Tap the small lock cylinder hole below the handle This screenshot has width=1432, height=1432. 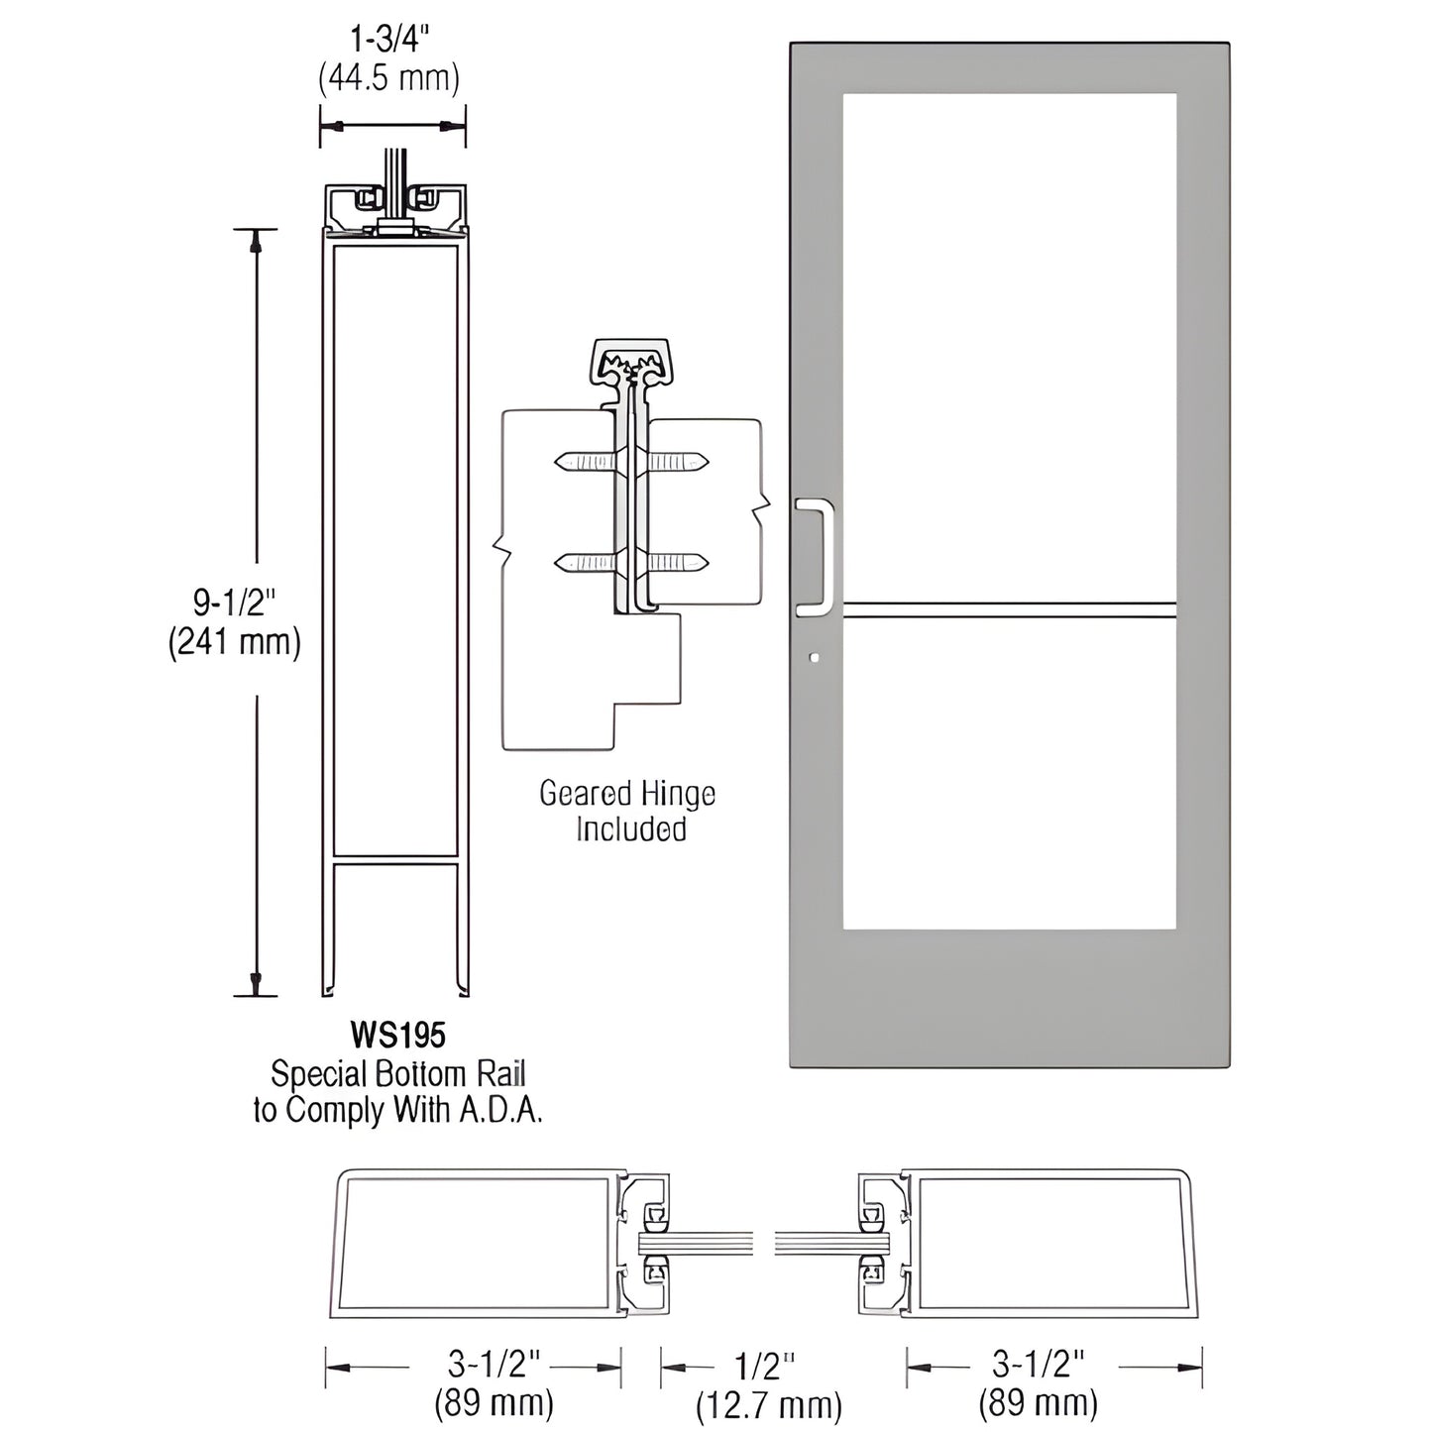(x=814, y=656)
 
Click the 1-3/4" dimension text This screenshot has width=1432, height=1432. (x=389, y=43)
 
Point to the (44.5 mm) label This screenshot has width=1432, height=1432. (x=389, y=77)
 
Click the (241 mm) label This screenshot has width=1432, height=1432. (x=234, y=642)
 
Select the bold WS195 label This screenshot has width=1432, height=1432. (x=398, y=1037)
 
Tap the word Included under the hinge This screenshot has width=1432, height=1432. (x=630, y=828)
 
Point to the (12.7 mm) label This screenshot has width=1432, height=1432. (x=768, y=1404)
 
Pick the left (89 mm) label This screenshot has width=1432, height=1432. (x=494, y=1402)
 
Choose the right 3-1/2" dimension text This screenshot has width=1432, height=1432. (x=1039, y=1365)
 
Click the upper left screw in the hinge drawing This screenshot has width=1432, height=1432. (x=586, y=462)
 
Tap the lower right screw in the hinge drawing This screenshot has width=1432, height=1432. (x=679, y=564)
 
